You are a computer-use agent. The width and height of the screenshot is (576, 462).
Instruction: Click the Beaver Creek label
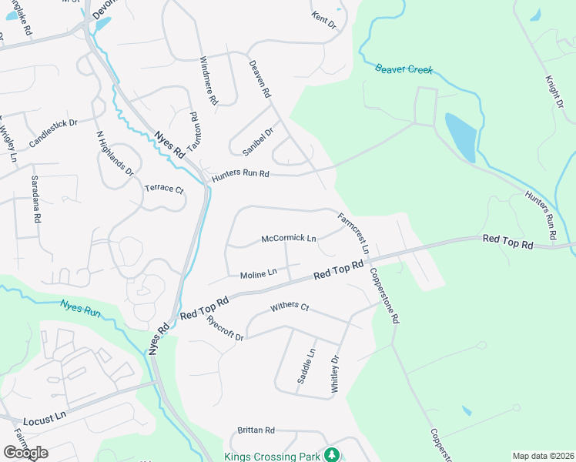[404, 69]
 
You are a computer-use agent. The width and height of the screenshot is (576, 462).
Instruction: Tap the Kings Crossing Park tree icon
[332, 455]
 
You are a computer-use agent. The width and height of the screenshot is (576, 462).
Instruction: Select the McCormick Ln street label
[289, 239]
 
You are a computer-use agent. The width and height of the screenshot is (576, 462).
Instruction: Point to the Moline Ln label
[258, 273]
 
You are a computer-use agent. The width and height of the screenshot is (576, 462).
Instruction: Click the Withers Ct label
[290, 307]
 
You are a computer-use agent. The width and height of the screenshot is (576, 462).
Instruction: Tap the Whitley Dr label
[335, 375]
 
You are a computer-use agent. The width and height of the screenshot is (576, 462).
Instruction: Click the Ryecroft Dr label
[225, 328]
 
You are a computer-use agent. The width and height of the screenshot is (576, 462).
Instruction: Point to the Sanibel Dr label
[258, 142]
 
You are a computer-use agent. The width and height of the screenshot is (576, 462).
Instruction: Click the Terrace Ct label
[165, 189]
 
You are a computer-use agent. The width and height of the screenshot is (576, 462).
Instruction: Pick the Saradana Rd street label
[35, 199]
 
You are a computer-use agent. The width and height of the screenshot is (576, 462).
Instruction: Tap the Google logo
[25, 453]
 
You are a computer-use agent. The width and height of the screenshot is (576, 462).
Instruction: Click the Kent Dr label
[324, 20]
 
